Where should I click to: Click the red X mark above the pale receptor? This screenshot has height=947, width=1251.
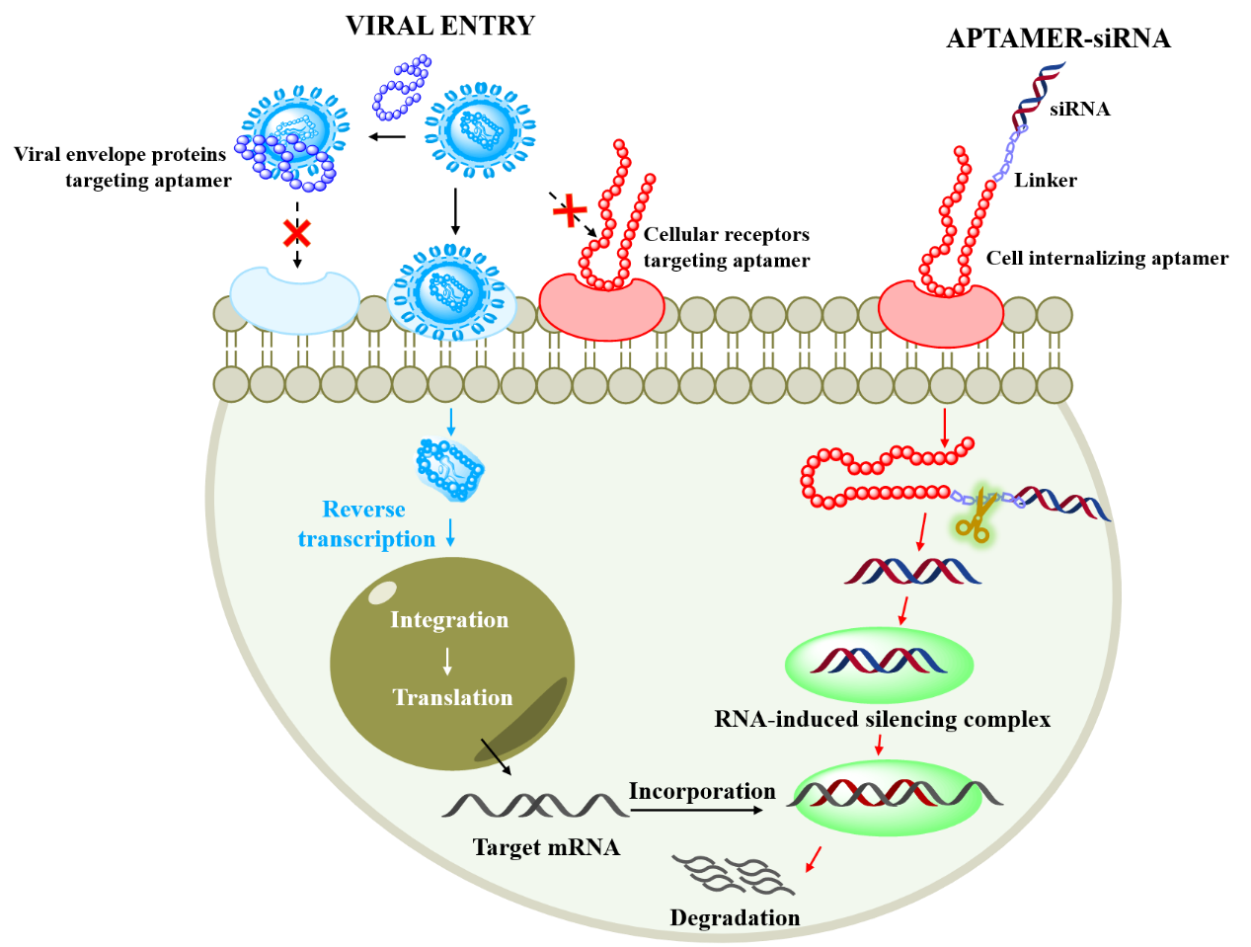tap(296, 234)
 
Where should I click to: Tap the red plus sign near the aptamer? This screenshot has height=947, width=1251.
tap(570, 210)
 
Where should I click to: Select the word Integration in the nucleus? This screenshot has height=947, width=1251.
tap(449, 620)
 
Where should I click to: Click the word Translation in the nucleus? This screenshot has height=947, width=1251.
tap(452, 698)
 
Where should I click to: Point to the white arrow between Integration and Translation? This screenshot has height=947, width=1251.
tap(448, 661)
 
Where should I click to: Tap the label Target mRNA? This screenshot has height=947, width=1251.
tap(546, 847)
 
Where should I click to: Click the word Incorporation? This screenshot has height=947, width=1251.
tap(702, 791)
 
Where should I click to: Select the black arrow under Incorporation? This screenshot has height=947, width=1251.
tap(697, 811)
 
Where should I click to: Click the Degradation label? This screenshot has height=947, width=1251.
tap(735, 918)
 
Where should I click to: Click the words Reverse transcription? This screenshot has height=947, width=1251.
tap(365, 524)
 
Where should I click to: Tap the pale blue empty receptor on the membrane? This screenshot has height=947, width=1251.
tap(294, 300)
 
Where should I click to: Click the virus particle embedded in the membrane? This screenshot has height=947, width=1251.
tap(451, 293)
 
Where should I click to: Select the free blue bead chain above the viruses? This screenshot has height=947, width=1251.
tap(401, 88)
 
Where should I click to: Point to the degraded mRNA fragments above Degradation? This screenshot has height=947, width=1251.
tap(733, 874)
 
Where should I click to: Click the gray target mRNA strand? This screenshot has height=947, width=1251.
tap(535, 805)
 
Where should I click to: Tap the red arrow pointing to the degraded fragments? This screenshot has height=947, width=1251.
tap(813, 860)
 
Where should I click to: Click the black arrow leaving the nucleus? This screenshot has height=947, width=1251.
tap(497, 756)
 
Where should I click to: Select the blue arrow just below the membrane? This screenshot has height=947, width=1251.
tap(451, 422)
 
